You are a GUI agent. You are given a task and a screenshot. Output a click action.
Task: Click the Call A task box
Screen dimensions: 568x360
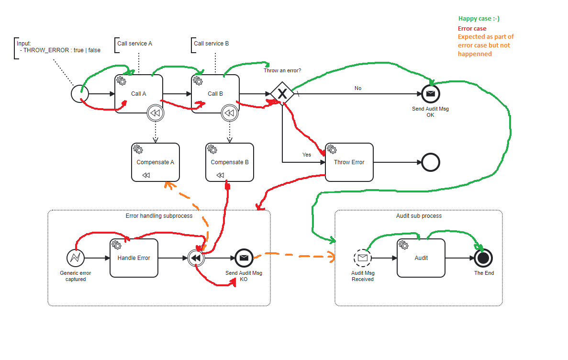point(139,94)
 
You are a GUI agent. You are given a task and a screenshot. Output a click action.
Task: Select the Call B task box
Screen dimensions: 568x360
point(215,94)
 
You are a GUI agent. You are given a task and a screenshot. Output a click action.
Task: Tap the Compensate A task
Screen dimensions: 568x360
point(156,162)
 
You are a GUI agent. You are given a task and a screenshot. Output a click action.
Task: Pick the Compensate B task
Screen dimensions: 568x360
point(230,162)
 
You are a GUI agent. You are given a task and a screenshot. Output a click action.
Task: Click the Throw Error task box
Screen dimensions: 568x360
point(349,162)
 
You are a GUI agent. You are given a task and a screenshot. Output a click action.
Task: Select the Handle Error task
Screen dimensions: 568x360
point(134,258)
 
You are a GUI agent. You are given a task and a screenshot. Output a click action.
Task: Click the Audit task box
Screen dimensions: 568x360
point(421,258)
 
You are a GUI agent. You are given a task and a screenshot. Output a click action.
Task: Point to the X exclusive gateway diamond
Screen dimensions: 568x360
point(282,94)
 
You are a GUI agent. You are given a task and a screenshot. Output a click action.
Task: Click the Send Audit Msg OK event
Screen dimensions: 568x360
point(430,94)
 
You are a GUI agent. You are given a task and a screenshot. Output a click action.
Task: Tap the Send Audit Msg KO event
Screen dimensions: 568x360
point(244,258)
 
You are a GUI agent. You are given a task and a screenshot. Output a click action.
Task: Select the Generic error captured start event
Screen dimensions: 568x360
point(76,258)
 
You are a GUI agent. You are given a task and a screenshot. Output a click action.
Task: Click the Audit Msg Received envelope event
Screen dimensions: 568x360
point(363,258)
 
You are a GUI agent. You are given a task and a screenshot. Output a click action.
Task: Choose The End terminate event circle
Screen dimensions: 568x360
point(483,258)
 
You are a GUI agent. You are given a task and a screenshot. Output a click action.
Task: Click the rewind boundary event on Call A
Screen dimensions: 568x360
point(156,113)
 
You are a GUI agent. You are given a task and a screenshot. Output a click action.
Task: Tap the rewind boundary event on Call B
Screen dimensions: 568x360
point(230,113)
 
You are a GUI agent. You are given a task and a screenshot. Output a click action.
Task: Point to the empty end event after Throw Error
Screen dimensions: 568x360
point(431,162)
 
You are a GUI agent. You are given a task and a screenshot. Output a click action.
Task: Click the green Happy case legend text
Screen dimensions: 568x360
point(479,19)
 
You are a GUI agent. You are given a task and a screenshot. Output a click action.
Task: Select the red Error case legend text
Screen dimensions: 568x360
point(472,28)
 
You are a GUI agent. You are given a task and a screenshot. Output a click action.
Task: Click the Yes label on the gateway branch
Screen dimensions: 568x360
point(306,155)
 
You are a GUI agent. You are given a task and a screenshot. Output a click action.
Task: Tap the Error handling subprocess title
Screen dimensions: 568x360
point(159,216)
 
